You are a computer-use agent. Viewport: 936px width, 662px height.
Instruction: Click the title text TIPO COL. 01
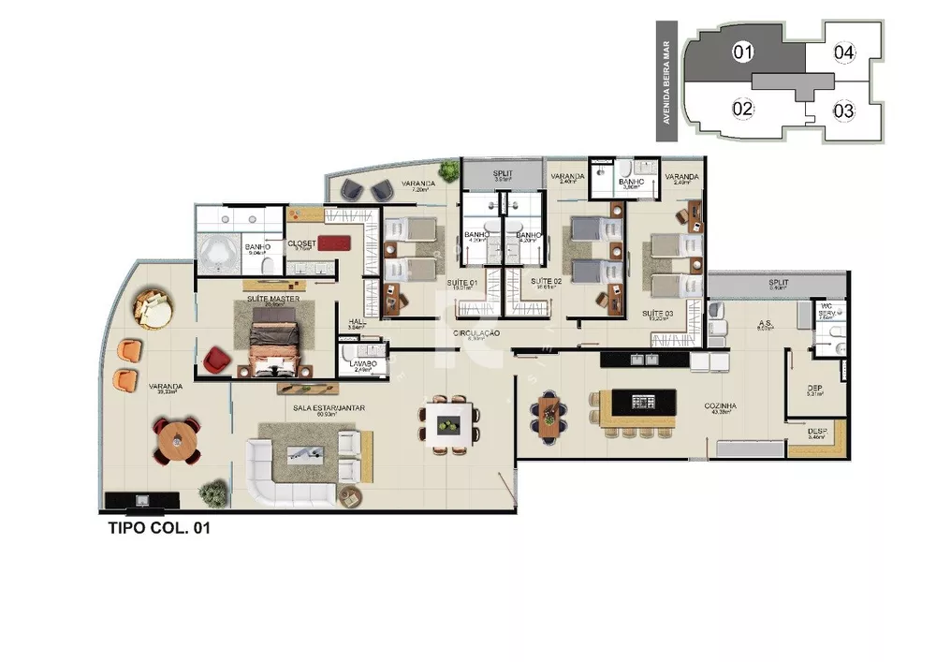pos(159,529)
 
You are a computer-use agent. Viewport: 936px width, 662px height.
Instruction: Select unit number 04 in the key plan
pos(843,52)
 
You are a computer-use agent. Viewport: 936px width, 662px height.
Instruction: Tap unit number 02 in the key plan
pos(742,109)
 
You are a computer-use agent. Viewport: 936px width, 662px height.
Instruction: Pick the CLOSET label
pos(301,243)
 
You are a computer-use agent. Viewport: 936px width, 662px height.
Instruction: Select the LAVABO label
pos(363,362)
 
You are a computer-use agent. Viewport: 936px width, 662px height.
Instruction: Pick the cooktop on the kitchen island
pos(645,402)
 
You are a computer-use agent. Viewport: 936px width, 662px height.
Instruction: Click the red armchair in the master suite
pos(216,358)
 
